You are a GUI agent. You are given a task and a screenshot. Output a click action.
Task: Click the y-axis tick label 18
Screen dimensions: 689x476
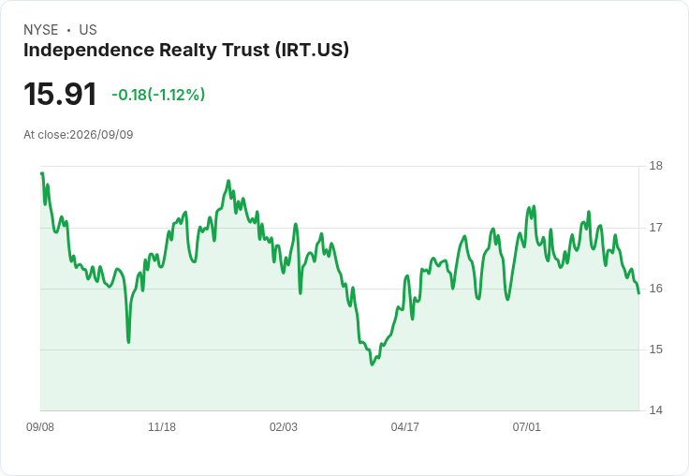point(655,166)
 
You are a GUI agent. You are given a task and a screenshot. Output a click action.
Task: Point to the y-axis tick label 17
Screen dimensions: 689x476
point(655,228)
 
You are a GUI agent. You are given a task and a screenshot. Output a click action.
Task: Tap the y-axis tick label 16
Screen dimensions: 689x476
point(655,289)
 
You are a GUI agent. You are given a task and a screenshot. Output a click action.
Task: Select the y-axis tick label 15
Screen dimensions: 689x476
point(655,350)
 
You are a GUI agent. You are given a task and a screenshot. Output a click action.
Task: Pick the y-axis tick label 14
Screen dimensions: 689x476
point(655,410)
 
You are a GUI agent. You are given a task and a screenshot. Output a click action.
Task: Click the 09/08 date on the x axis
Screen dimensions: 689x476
point(40,426)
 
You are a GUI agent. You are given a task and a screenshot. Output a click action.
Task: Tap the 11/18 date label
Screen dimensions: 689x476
point(162,426)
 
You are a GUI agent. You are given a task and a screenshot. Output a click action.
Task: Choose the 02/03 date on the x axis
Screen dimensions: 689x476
point(284,426)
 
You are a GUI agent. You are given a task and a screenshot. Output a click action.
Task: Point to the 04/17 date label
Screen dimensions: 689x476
point(404,426)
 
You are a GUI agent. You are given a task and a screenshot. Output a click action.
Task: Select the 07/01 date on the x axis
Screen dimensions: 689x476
point(526,426)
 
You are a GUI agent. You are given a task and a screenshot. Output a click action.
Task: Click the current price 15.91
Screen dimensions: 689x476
point(60,94)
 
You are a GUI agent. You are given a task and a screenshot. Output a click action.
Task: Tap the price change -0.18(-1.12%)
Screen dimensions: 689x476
point(158,95)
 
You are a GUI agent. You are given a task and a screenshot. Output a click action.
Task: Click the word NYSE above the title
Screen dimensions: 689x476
point(41,30)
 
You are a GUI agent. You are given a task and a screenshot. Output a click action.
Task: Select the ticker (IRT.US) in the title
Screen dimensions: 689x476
point(312,50)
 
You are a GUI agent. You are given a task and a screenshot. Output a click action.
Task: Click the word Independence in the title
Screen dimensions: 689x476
point(89,50)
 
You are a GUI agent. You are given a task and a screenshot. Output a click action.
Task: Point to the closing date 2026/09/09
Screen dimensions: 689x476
point(101,135)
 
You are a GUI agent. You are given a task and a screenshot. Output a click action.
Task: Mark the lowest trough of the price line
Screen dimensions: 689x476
point(373,364)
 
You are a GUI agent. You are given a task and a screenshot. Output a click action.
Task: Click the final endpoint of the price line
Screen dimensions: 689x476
point(638,293)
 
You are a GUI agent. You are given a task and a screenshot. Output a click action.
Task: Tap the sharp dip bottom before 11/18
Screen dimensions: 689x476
point(128,342)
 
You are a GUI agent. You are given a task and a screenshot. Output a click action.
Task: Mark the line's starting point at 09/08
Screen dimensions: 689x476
point(41,173)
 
